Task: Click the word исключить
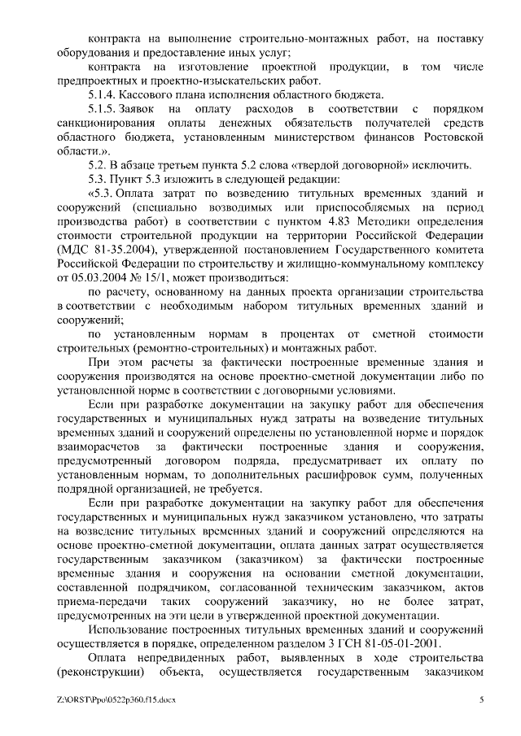click(x=444, y=166)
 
